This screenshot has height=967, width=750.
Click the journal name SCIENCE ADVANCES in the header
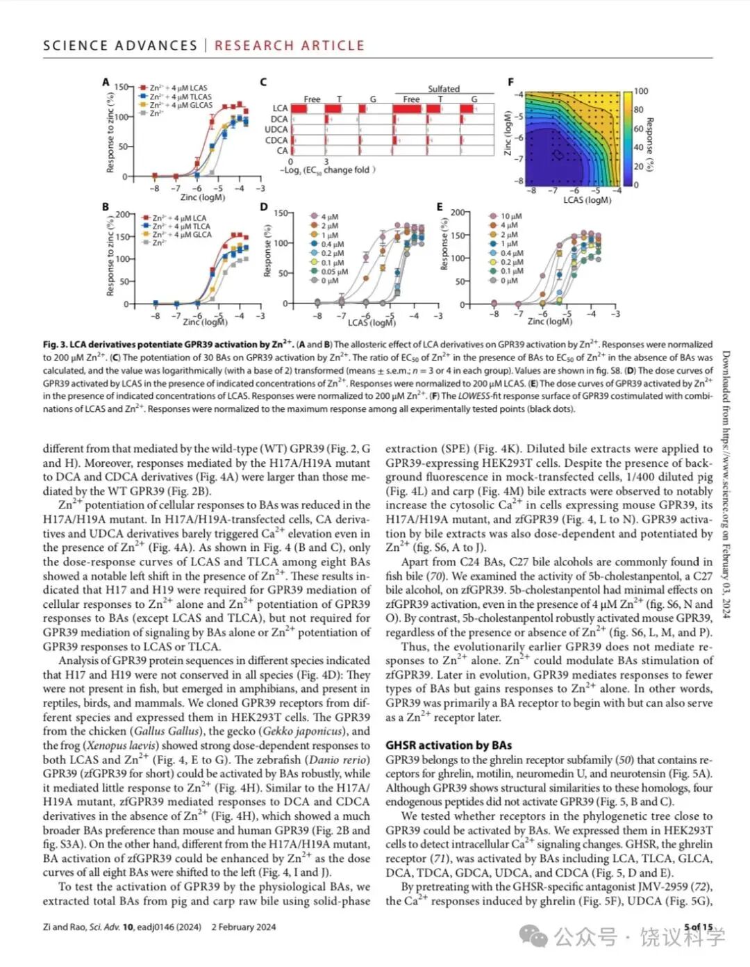[x=120, y=46]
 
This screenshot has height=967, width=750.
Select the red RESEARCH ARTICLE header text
[x=289, y=46]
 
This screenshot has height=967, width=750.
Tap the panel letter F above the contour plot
[x=512, y=83]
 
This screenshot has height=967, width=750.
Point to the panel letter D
[x=264, y=207]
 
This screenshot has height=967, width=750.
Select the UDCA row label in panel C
[x=276, y=129]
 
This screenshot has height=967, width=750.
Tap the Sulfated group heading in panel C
[x=444, y=89]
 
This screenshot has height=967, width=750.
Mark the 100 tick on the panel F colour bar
[x=641, y=91]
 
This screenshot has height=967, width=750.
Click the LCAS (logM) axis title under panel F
[x=587, y=200]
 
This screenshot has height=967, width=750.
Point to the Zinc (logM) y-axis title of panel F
[x=508, y=133]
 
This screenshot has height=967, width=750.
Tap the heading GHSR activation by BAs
[x=449, y=745]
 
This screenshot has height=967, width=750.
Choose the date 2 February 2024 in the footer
[x=244, y=927]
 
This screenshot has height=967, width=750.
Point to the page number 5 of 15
[x=698, y=927]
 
